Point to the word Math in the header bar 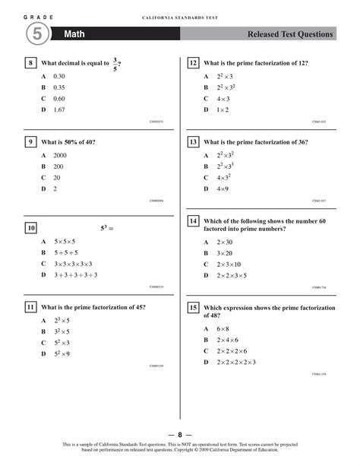[x=74, y=34]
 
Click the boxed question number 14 [x=194, y=221]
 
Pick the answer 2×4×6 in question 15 [x=227, y=340]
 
